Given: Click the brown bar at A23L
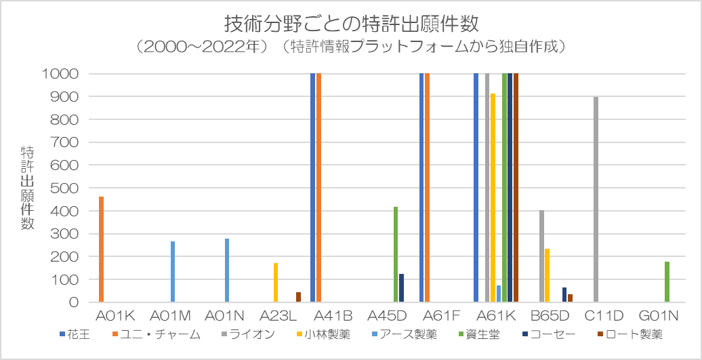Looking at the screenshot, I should pyautogui.click(x=298, y=297).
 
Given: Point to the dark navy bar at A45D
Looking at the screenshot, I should pyautogui.click(x=401, y=288).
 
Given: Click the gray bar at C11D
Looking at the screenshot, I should pyautogui.click(x=596, y=199).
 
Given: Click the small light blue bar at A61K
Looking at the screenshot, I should pyautogui.click(x=499, y=294).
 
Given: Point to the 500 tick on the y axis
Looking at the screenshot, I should pyautogui.click(x=68, y=188).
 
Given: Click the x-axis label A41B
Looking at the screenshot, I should pyautogui.click(x=333, y=316).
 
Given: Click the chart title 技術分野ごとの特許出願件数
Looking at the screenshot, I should pyautogui.click(x=351, y=24).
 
